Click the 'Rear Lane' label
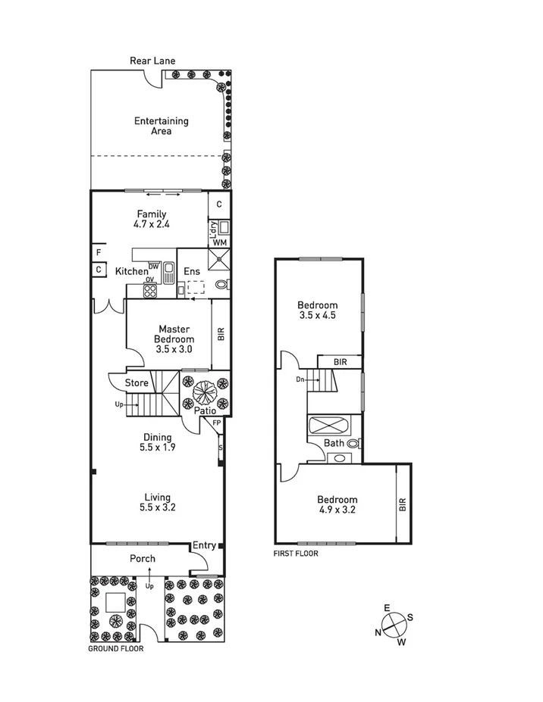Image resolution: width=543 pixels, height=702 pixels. pos(147,61)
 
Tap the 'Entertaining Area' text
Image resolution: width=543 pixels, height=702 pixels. pos(161,126)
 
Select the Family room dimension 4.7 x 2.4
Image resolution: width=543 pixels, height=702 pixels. pos(151,225)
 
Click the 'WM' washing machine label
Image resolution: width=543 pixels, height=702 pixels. pos(218,242)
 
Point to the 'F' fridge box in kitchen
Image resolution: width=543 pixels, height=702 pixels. pos(99,252)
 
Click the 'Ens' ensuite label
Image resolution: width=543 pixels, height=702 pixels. pos(192,271)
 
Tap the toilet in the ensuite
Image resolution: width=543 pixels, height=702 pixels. pos(222,285)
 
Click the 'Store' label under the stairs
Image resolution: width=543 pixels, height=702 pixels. pos(137,383)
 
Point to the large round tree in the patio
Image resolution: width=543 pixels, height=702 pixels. pos(204,394)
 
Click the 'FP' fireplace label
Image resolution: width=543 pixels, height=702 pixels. pos(216,423)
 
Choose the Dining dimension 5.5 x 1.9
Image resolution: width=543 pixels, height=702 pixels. pos(156,448)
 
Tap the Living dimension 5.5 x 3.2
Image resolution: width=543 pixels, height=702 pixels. pos(156,507)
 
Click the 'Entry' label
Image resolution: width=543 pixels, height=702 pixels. pos(203,545)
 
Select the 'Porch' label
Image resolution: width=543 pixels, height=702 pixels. pos(142,559)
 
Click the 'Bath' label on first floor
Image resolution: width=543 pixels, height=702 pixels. pos(334,444)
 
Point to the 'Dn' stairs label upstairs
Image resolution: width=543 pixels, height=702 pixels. pos(300,379)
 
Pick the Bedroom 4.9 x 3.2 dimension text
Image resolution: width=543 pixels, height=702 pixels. pos(337,510)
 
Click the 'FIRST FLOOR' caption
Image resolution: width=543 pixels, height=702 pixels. pos(296,554)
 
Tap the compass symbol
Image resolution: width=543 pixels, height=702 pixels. pos(394,625)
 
